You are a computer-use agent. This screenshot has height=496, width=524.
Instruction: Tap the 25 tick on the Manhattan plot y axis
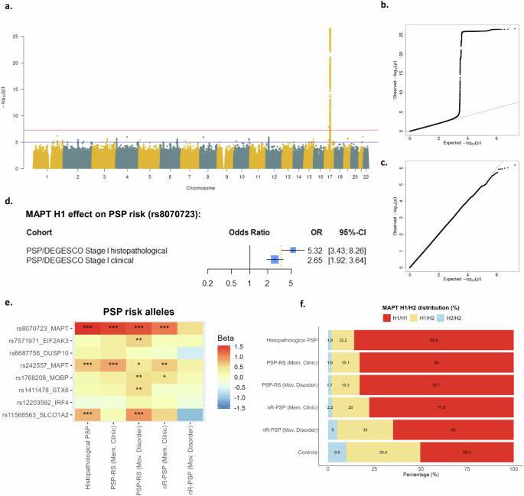coord(27,35)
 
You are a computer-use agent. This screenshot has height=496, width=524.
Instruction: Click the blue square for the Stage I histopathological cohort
coord(293,250)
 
